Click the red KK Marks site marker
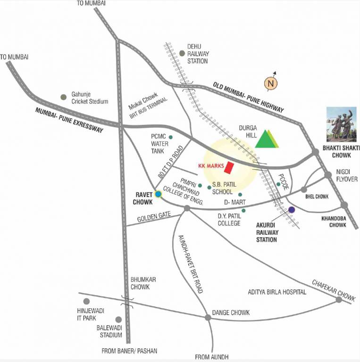tap(230, 167)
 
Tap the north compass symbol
tap(271, 83)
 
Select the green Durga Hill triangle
tap(266, 138)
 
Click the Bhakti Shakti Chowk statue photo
tap(343, 124)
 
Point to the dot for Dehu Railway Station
tap(182, 53)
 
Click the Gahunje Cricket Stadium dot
tap(63, 97)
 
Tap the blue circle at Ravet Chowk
tap(159, 193)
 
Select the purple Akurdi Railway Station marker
tap(292, 210)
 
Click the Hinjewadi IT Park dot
tap(86, 301)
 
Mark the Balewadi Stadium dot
tap(118, 320)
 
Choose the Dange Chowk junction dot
tap(208, 317)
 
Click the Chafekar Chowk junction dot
tap(338, 299)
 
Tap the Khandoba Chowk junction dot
tap(344, 205)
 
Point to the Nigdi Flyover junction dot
tap(328, 175)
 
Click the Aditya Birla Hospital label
tap(277, 292)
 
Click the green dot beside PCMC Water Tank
tap(171, 137)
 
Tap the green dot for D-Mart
tap(240, 194)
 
